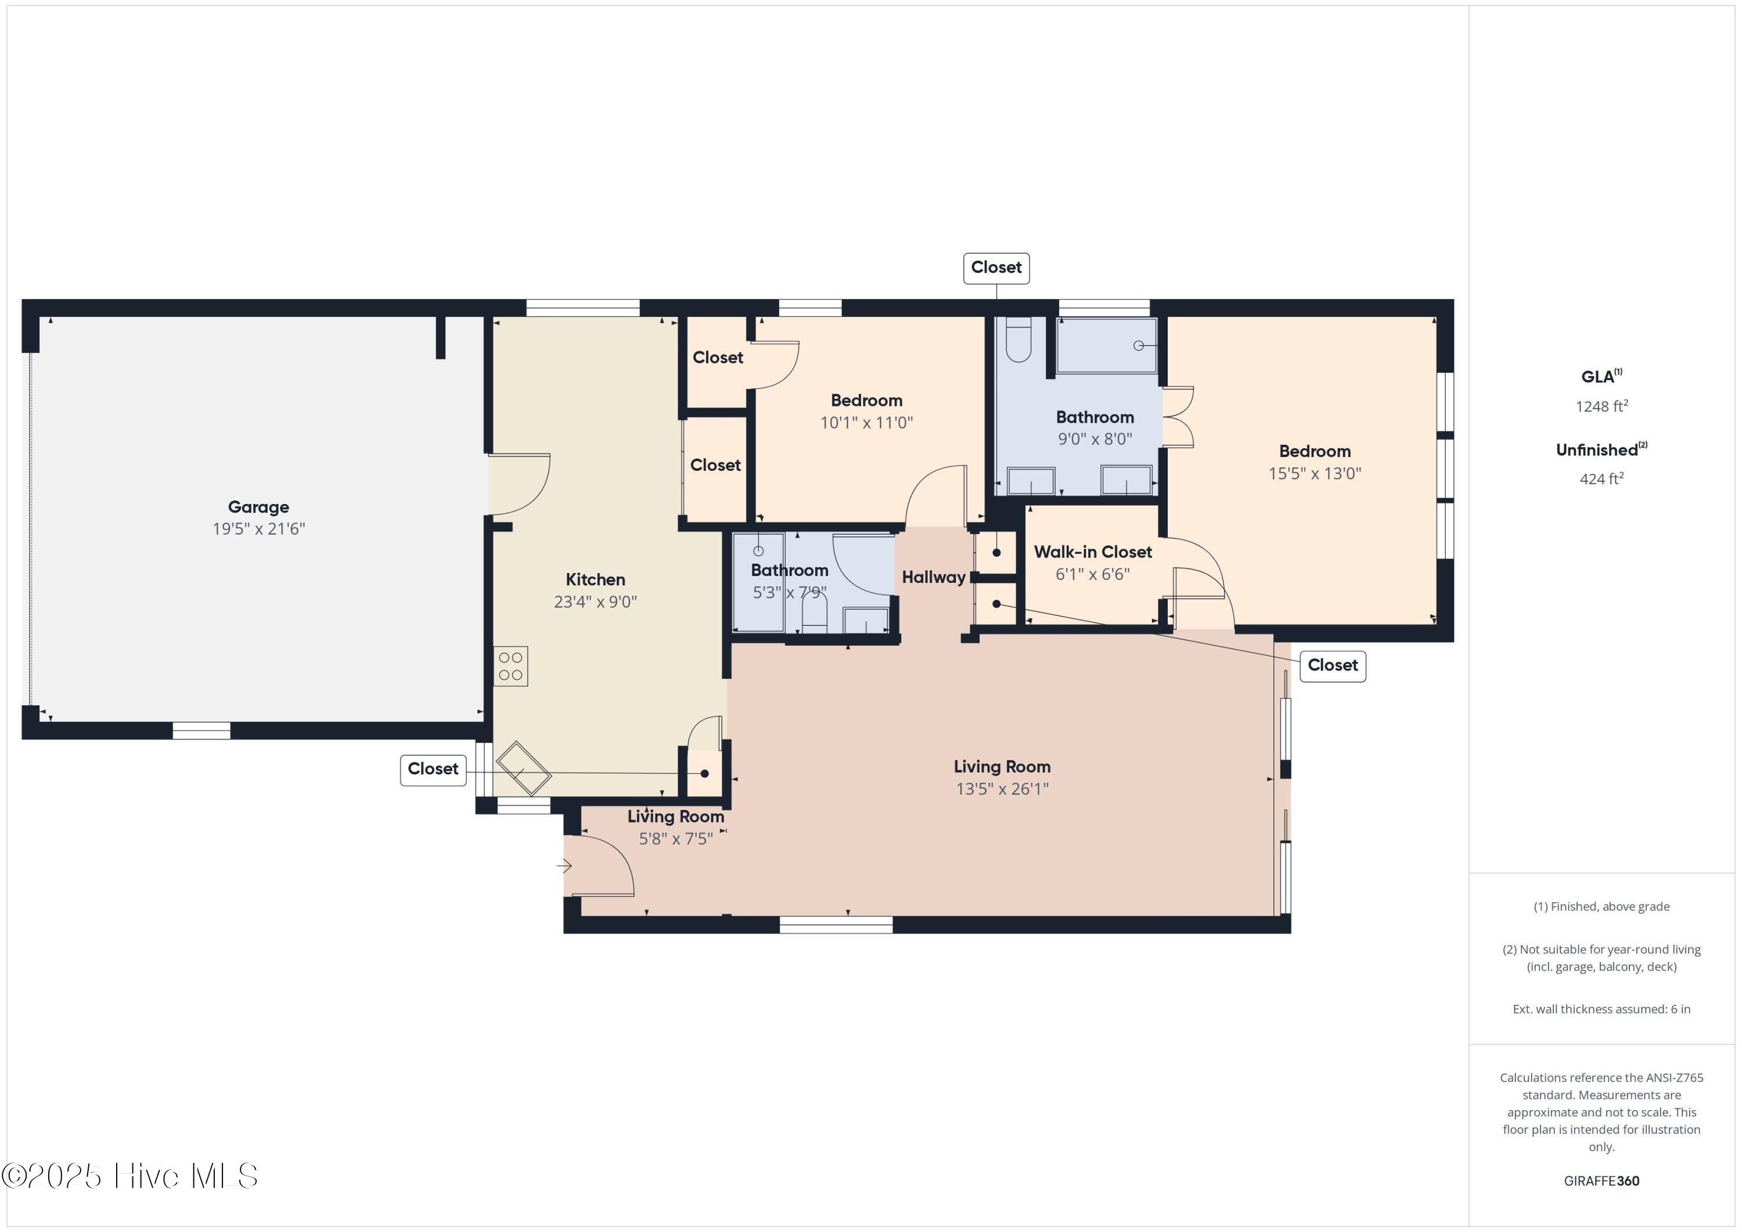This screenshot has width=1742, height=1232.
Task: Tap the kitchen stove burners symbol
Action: [510, 667]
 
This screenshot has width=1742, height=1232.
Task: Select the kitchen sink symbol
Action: [524, 769]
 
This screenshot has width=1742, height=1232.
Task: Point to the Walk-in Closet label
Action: [1093, 552]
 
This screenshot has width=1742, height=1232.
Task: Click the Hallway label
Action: [933, 577]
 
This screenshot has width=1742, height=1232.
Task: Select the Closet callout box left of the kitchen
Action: [433, 769]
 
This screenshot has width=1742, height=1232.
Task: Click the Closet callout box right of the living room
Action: [1332, 665]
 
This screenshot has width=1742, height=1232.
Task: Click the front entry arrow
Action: [564, 865]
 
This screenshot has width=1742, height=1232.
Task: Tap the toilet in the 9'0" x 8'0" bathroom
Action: [1018, 340]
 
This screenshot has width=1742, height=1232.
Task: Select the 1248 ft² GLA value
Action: [1601, 406]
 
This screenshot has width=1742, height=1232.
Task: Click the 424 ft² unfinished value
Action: [1601, 478]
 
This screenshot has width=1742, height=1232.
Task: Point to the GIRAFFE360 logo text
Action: [1601, 1181]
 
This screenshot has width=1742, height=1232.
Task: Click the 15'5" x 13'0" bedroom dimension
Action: [1314, 473]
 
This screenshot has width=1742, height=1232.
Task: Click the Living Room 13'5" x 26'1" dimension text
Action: [1002, 789]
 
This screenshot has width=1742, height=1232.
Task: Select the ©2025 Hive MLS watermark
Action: [129, 1176]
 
